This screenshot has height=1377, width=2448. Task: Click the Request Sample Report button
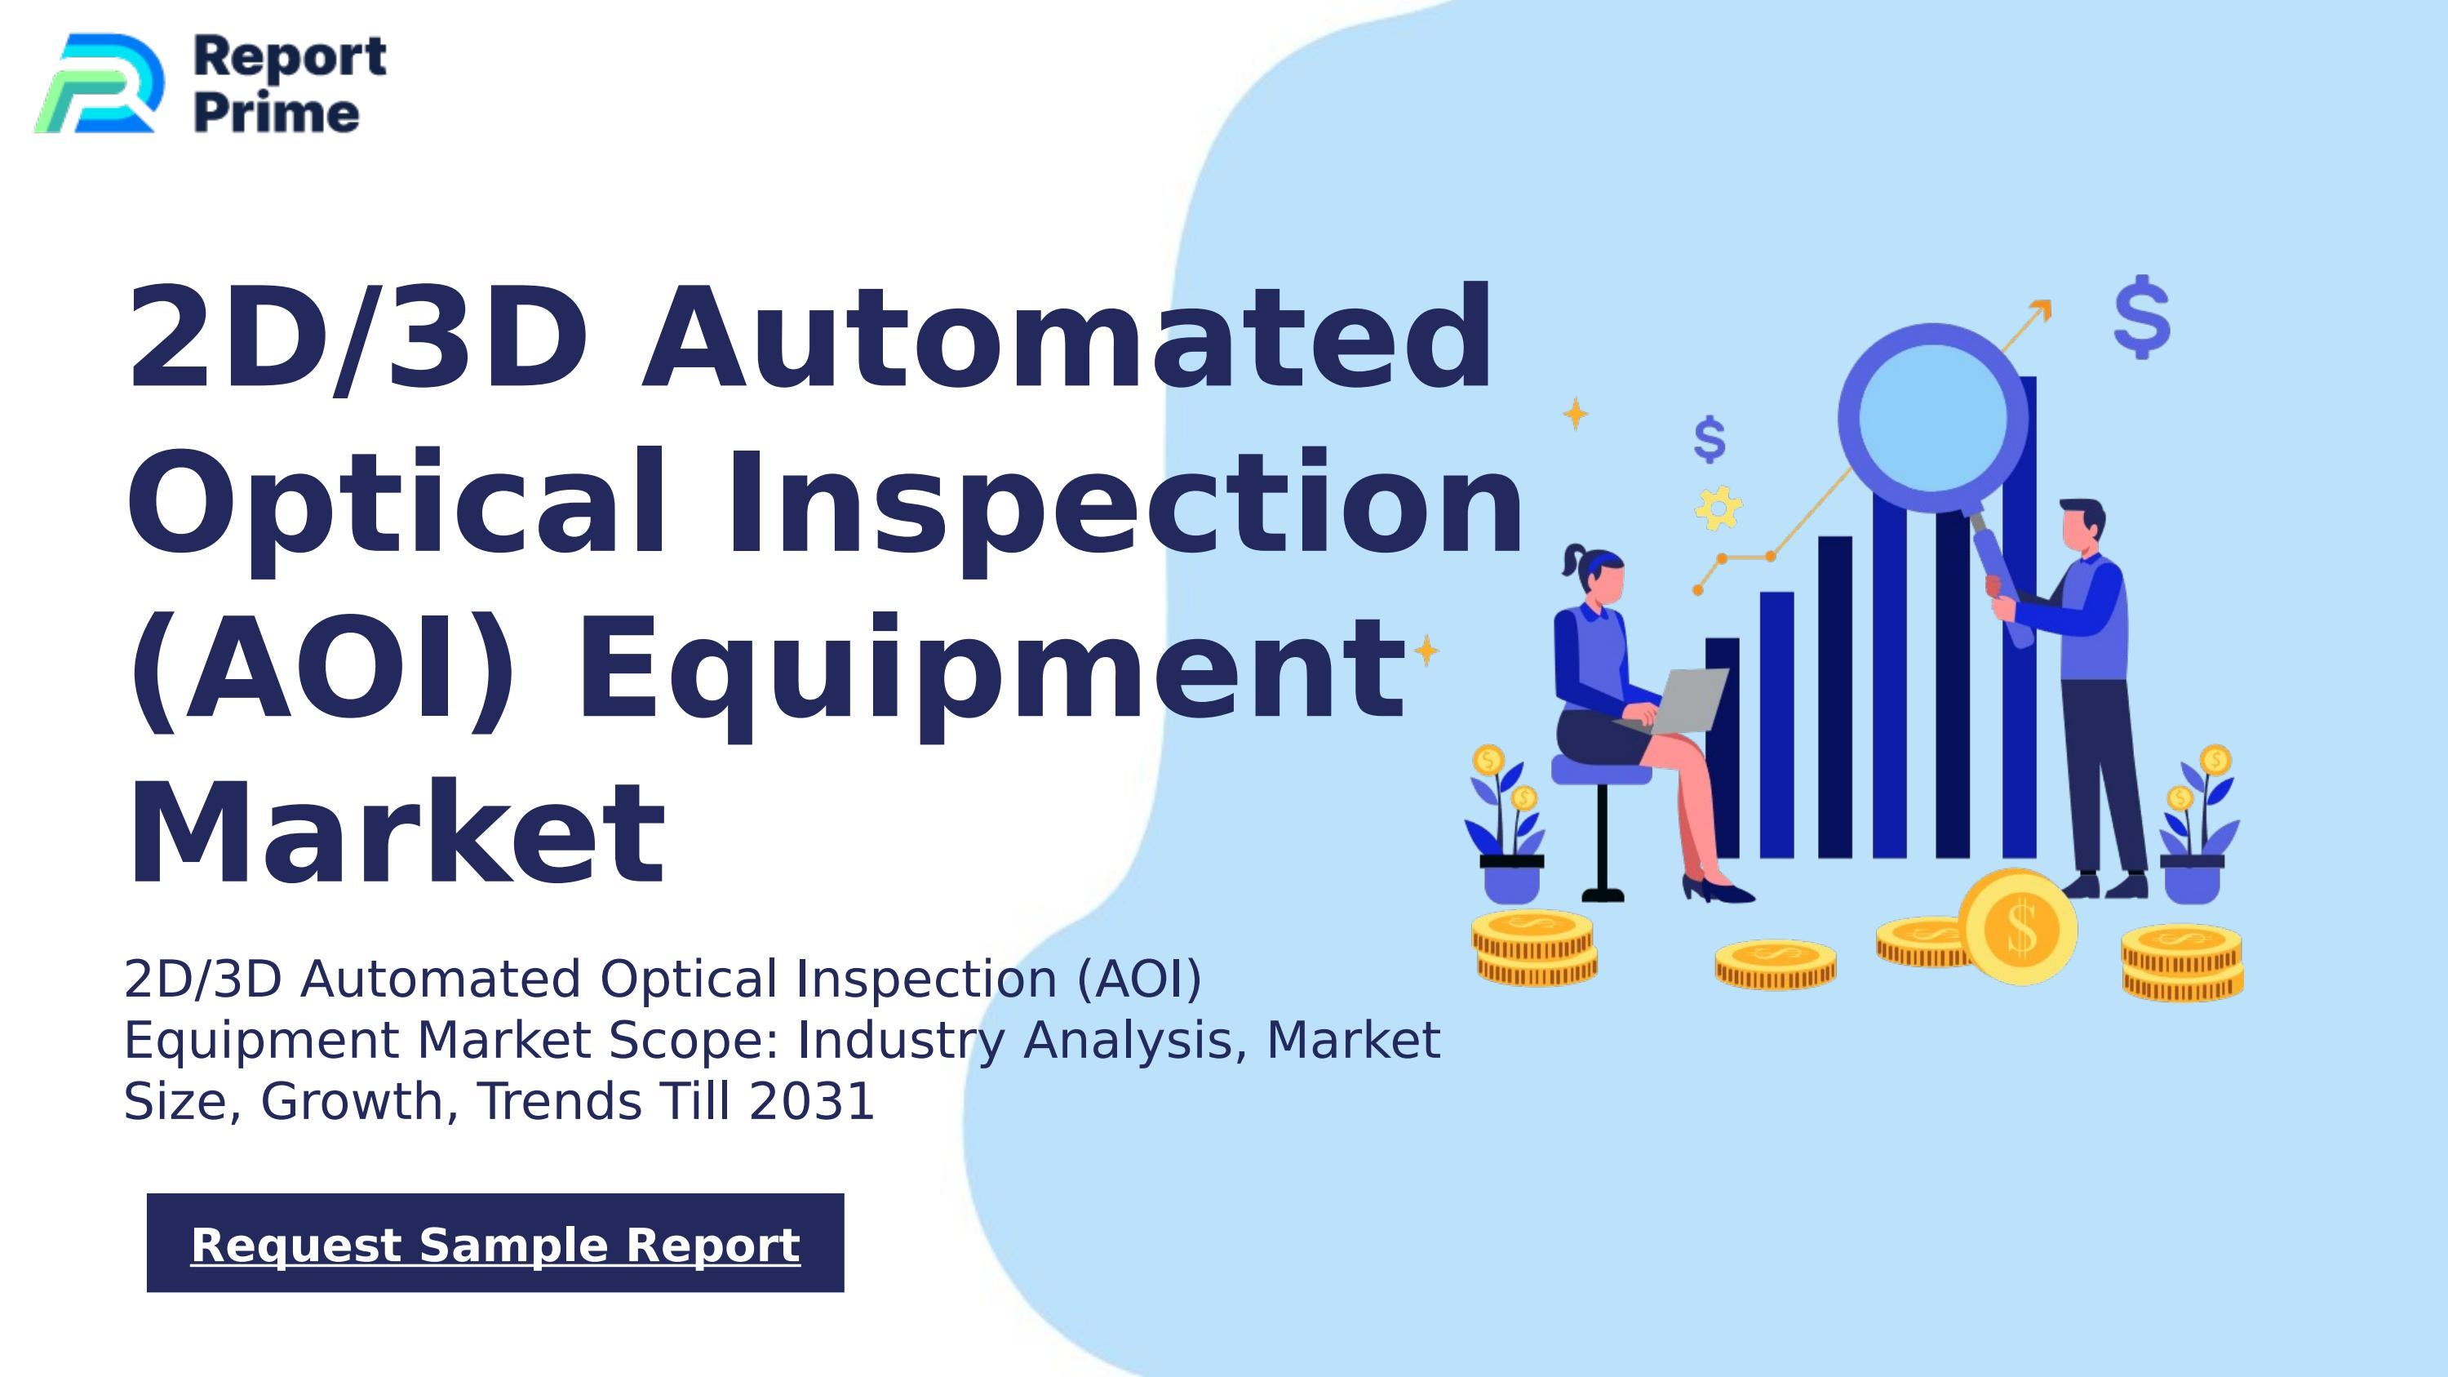click(x=495, y=1243)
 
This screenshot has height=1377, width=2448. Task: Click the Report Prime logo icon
click(x=98, y=83)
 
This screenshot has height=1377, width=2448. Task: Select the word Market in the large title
click(x=397, y=833)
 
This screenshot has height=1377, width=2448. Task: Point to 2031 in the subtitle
click(x=812, y=1101)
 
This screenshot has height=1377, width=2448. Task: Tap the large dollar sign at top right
click(x=2142, y=318)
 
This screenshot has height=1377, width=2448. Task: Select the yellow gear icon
click(x=1718, y=509)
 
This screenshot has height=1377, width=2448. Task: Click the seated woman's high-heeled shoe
click(x=1718, y=891)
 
